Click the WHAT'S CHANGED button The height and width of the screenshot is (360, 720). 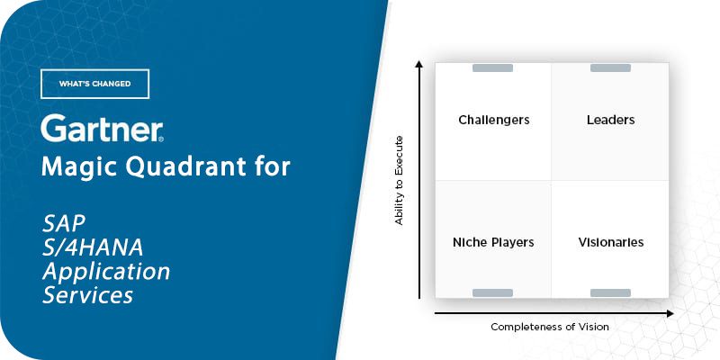(95, 84)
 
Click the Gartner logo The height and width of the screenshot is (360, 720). (103, 128)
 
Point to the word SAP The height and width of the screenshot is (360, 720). (64, 224)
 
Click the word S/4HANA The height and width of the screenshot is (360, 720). (93, 248)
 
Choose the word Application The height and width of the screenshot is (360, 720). (106, 273)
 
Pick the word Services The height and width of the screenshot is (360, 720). (87, 295)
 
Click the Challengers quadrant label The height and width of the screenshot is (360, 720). (493, 120)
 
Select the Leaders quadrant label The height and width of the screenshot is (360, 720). (610, 120)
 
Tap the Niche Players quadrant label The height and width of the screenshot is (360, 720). (493, 242)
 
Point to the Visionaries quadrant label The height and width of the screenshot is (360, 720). (611, 242)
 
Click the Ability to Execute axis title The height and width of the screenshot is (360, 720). (399, 180)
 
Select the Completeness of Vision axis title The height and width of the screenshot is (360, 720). (550, 327)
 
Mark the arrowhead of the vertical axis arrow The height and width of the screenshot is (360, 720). (418, 64)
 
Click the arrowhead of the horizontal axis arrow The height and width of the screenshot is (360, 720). (670, 313)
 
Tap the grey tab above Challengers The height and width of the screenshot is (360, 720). (492, 68)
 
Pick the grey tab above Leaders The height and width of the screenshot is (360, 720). (610, 68)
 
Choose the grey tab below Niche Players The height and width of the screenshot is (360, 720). (492, 293)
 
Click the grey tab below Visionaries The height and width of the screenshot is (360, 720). (610, 293)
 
